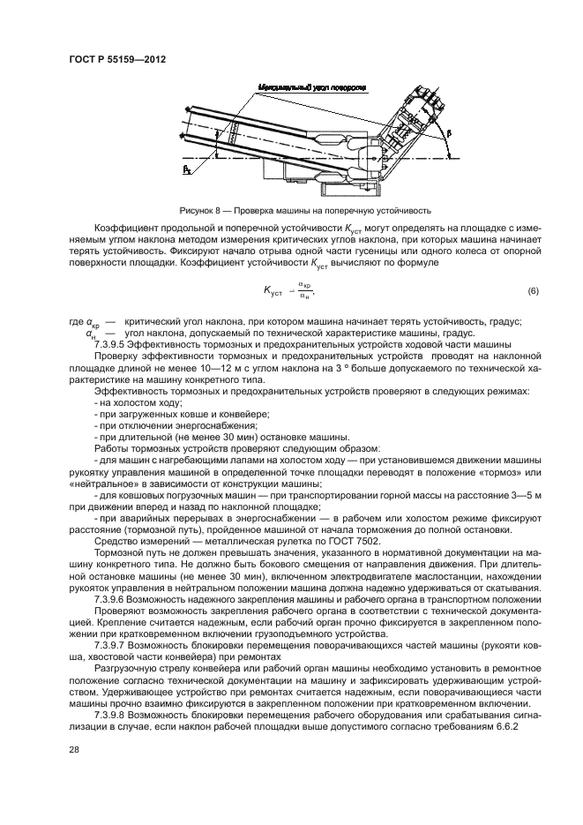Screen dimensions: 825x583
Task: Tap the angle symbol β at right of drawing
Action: tap(447, 131)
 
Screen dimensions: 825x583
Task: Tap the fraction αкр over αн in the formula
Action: tap(305, 290)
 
